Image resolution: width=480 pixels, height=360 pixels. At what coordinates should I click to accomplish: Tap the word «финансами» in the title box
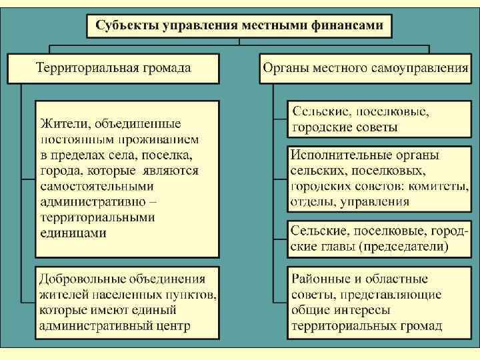[349, 26]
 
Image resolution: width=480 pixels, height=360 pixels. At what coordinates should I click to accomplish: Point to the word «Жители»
[65, 124]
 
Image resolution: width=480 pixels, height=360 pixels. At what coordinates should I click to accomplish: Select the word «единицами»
[73, 233]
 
